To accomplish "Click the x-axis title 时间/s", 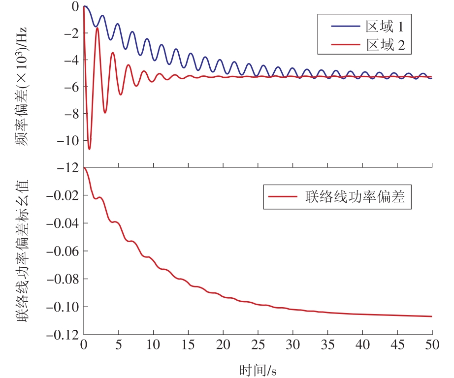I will [x=257, y=369].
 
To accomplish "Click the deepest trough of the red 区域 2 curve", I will [x=89, y=149].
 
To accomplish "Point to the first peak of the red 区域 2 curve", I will [x=97, y=28].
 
